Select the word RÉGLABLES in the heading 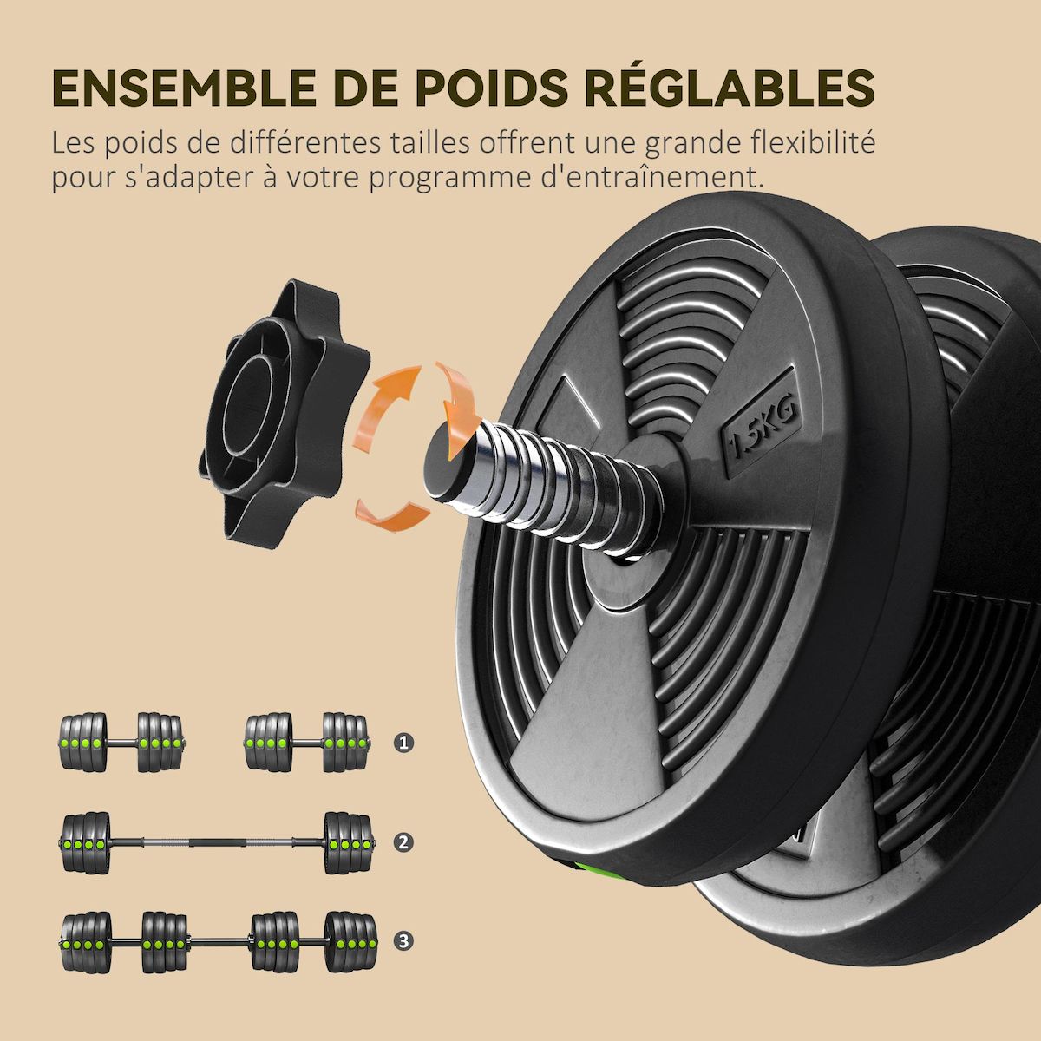[729, 86]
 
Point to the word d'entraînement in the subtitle [658, 178]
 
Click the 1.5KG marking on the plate [761, 430]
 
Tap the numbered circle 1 [403, 743]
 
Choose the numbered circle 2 [403, 841]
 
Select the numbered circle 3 [403, 940]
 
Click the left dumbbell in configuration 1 [121, 743]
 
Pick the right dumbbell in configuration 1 [307, 743]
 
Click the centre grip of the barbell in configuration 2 [217, 842]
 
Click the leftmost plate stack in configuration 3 [86, 941]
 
